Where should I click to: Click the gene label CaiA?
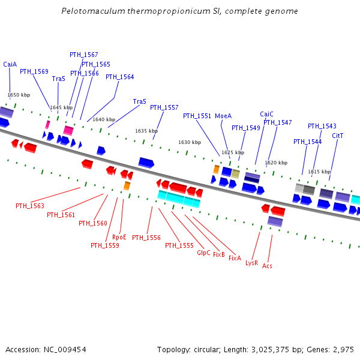pyautogui.click(x=10, y=64)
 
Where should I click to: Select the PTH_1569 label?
pyautogui.click(x=34, y=71)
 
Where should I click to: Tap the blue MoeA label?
pyautogui.click(x=223, y=116)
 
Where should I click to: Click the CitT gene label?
pyautogui.click(x=338, y=136)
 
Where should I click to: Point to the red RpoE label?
pyautogui.click(x=119, y=236)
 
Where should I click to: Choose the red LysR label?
pyautogui.click(x=251, y=262)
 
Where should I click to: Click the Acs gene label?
pyautogui.click(x=268, y=265)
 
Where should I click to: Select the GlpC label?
pyautogui.click(x=204, y=253)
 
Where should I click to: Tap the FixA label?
pyautogui.click(x=235, y=258)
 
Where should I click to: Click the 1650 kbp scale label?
pyautogui.click(x=19, y=95)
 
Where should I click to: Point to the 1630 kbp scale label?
pyautogui.click(x=190, y=142)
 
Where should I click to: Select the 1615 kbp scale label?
pyautogui.click(x=319, y=172)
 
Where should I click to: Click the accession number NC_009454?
pyautogui.click(x=63, y=349)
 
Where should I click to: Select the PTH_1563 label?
pyautogui.click(x=30, y=206)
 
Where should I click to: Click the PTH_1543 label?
pyautogui.click(x=322, y=126)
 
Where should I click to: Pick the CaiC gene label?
pyautogui.click(x=266, y=114)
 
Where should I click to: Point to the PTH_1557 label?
pyautogui.click(x=164, y=107)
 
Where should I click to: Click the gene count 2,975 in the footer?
pyautogui.click(x=343, y=349)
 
